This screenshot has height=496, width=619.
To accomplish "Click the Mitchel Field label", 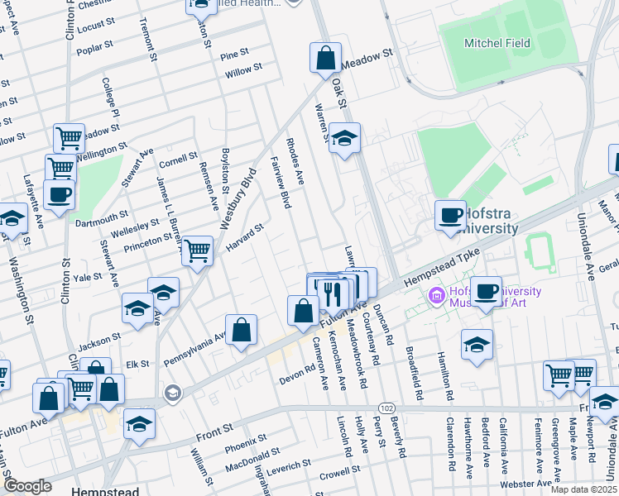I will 497,43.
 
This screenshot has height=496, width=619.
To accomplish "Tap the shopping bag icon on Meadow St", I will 325,58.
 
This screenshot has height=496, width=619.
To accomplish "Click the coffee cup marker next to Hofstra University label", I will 451,216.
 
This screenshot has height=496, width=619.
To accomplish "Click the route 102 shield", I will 386,408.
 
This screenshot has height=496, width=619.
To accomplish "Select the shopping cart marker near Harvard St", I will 197,250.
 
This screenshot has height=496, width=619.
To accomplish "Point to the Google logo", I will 27,485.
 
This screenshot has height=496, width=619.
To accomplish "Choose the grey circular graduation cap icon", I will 171,392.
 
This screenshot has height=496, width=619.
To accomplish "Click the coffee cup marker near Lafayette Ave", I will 59,195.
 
